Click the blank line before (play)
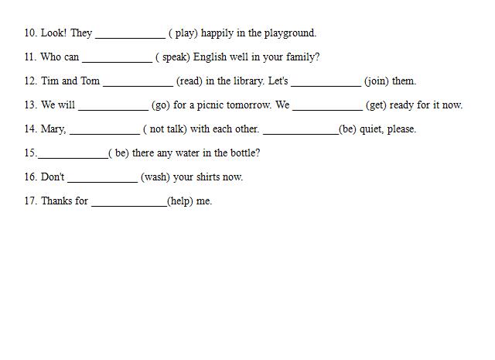tap(131, 38)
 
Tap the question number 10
tap(31, 33)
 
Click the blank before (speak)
tap(117, 62)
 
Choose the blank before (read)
tap(138, 86)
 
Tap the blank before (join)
tap(326, 86)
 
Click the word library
tap(248, 81)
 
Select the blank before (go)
tap(114, 110)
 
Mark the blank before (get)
tap(328, 110)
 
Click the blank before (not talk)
tap(105, 135)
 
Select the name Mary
tap(53, 129)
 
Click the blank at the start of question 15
tap(73, 159)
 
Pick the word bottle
tap(245, 153)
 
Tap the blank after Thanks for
tap(129, 207)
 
